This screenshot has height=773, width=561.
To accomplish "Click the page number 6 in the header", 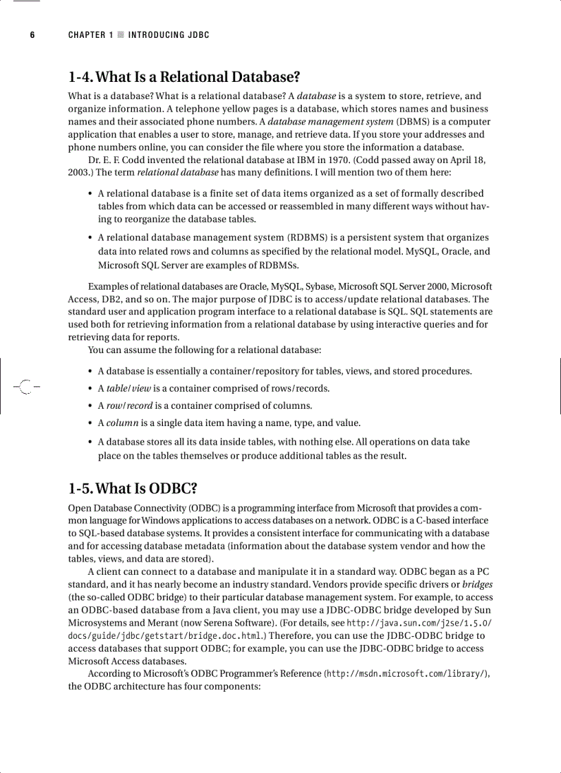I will point(32,34).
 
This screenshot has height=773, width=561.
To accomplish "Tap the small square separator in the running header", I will point(121,34).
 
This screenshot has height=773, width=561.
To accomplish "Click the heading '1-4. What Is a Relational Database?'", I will point(184,76).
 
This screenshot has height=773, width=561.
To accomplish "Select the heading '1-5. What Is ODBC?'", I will point(133,489).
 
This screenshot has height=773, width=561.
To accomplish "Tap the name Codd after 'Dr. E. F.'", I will point(142,160).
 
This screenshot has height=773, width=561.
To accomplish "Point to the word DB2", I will point(109,299).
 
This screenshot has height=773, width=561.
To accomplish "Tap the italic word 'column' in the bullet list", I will point(122,423).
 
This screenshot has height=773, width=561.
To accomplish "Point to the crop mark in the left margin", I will point(25,388).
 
